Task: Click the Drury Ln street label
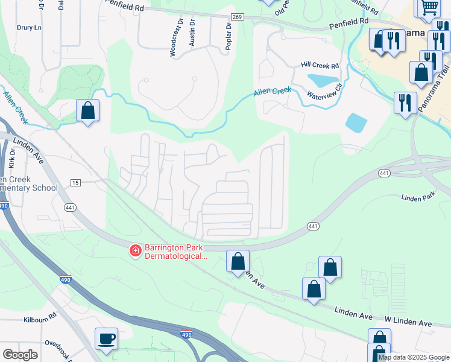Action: (x=30, y=28)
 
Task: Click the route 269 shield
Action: (x=237, y=17)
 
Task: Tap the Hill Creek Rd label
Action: (x=320, y=65)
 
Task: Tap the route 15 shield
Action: (x=75, y=182)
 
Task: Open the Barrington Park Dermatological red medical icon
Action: (x=136, y=250)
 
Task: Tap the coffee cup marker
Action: (x=107, y=338)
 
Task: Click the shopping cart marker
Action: (x=429, y=7)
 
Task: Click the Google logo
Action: (x=20, y=355)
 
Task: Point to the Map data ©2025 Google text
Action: (x=413, y=357)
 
